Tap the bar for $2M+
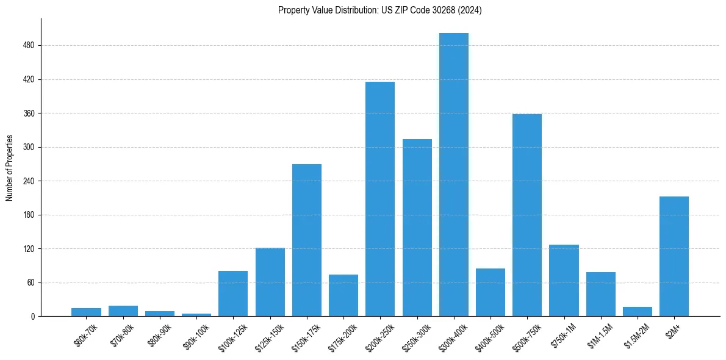click(x=674, y=256)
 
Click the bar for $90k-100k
click(x=196, y=315)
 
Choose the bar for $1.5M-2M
click(x=638, y=311)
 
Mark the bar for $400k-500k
click(x=491, y=292)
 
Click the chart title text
click(x=379, y=10)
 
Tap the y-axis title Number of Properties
click(x=10, y=168)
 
